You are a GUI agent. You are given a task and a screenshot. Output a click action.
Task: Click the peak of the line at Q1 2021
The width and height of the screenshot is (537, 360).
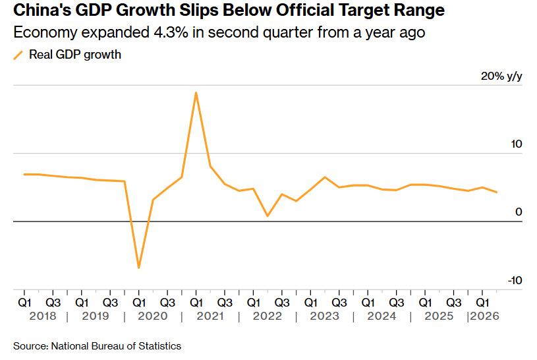[x=196, y=92]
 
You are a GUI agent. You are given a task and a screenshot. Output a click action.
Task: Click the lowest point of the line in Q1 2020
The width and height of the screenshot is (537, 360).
[x=139, y=268]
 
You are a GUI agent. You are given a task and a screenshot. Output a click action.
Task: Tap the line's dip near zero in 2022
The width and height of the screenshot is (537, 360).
[x=268, y=216]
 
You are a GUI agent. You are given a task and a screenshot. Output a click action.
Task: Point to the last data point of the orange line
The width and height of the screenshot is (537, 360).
[x=497, y=192]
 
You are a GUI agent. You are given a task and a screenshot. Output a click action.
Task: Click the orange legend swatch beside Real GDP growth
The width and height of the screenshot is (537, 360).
[x=18, y=55]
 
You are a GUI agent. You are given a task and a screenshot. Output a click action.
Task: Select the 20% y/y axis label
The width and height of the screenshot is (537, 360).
[x=501, y=76]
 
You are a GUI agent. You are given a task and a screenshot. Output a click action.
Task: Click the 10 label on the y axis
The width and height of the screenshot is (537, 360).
[x=517, y=144]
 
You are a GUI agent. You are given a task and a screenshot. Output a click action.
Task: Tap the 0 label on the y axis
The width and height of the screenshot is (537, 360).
[x=519, y=212]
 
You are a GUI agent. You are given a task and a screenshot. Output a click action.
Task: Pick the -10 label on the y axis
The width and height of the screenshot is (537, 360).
[x=515, y=280]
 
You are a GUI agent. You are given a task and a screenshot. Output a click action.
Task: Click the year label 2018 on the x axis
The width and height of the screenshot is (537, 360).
[x=43, y=316]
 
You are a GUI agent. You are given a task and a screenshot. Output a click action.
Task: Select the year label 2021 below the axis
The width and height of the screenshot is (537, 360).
[x=210, y=316]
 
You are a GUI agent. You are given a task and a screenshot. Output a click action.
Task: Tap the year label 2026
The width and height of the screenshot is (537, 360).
[x=484, y=316]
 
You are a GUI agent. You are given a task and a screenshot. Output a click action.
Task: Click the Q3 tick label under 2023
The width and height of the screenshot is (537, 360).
[x=339, y=303]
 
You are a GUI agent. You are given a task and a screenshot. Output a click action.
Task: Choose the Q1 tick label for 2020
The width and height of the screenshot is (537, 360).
[x=139, y=303]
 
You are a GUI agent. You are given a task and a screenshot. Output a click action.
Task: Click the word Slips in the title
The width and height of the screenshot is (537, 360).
[x=199, y=11]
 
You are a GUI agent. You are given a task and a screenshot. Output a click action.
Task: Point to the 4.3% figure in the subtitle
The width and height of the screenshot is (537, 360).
[x=171, y=32]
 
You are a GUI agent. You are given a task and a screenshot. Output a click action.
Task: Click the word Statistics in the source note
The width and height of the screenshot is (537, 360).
[x=159, y=346]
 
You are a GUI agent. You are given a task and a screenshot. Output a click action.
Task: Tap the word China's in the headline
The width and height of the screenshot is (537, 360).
[x=42, y=11]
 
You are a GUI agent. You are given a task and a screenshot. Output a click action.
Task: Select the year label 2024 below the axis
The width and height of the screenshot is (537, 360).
[x=382, y=316]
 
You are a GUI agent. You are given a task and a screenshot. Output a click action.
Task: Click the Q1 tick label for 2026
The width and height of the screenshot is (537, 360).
[x=482, y=303]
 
